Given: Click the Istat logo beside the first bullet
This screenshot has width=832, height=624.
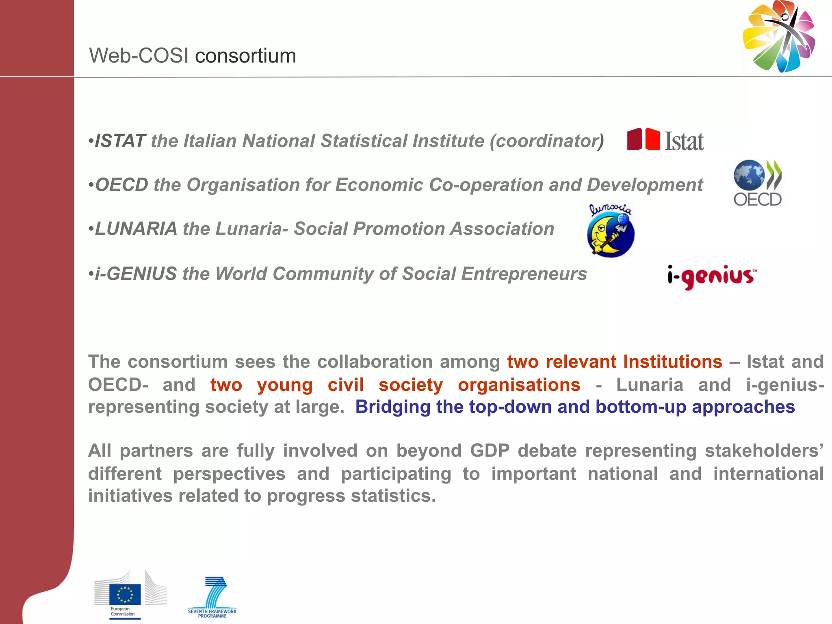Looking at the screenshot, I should pyautogui.click(x=665, y=141).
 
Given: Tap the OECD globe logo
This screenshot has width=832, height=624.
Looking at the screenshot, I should pyautogui.click(x=757, y=183).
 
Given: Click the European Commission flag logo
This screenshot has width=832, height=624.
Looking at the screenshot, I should pyautogui.click(x=125, y=594).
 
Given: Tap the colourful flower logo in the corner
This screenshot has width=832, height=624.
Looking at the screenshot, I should pyautogui.click(x=779, y=37).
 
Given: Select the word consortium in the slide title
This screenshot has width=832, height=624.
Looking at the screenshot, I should pyautogui.click(x=245, y=56).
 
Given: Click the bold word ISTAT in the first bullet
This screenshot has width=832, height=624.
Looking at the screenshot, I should pyautogui.click(x=120, y=141).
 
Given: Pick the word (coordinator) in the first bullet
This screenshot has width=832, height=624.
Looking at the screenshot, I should pyautogui.click(x=547, y=141).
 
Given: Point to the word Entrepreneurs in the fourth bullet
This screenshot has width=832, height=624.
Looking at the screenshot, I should pyautogui.click(x=524, y=274).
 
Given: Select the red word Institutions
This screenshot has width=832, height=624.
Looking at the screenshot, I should pyautogui.click(x=672, y=362).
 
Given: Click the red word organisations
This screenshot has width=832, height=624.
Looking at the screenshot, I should pyautogui.click(x=519, y=385).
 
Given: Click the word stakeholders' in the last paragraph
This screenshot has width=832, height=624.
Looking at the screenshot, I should pyautogui.click(x=764, y=451).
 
